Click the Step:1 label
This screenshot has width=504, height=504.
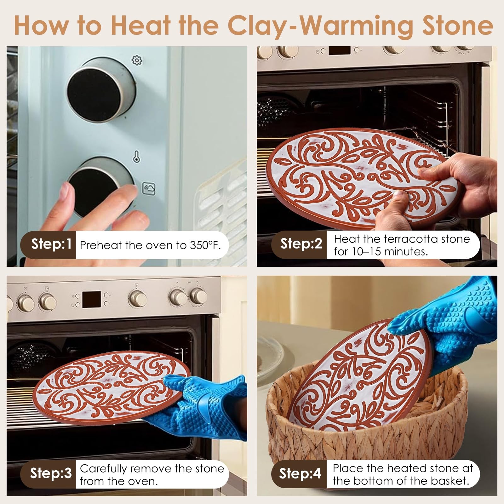click(x=51, y=244)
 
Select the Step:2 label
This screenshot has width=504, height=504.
click(x=301, y=244)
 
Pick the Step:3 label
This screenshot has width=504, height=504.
click(x=51, y=473)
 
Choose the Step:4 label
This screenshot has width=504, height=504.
click(x=300, y=473)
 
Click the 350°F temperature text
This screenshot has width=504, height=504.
click(x=205, y=245)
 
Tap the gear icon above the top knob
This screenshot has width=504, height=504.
click(x=137, y=60)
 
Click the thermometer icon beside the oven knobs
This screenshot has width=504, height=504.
click(x=136, y=157)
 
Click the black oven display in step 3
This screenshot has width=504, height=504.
click(x=92, y=300)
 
